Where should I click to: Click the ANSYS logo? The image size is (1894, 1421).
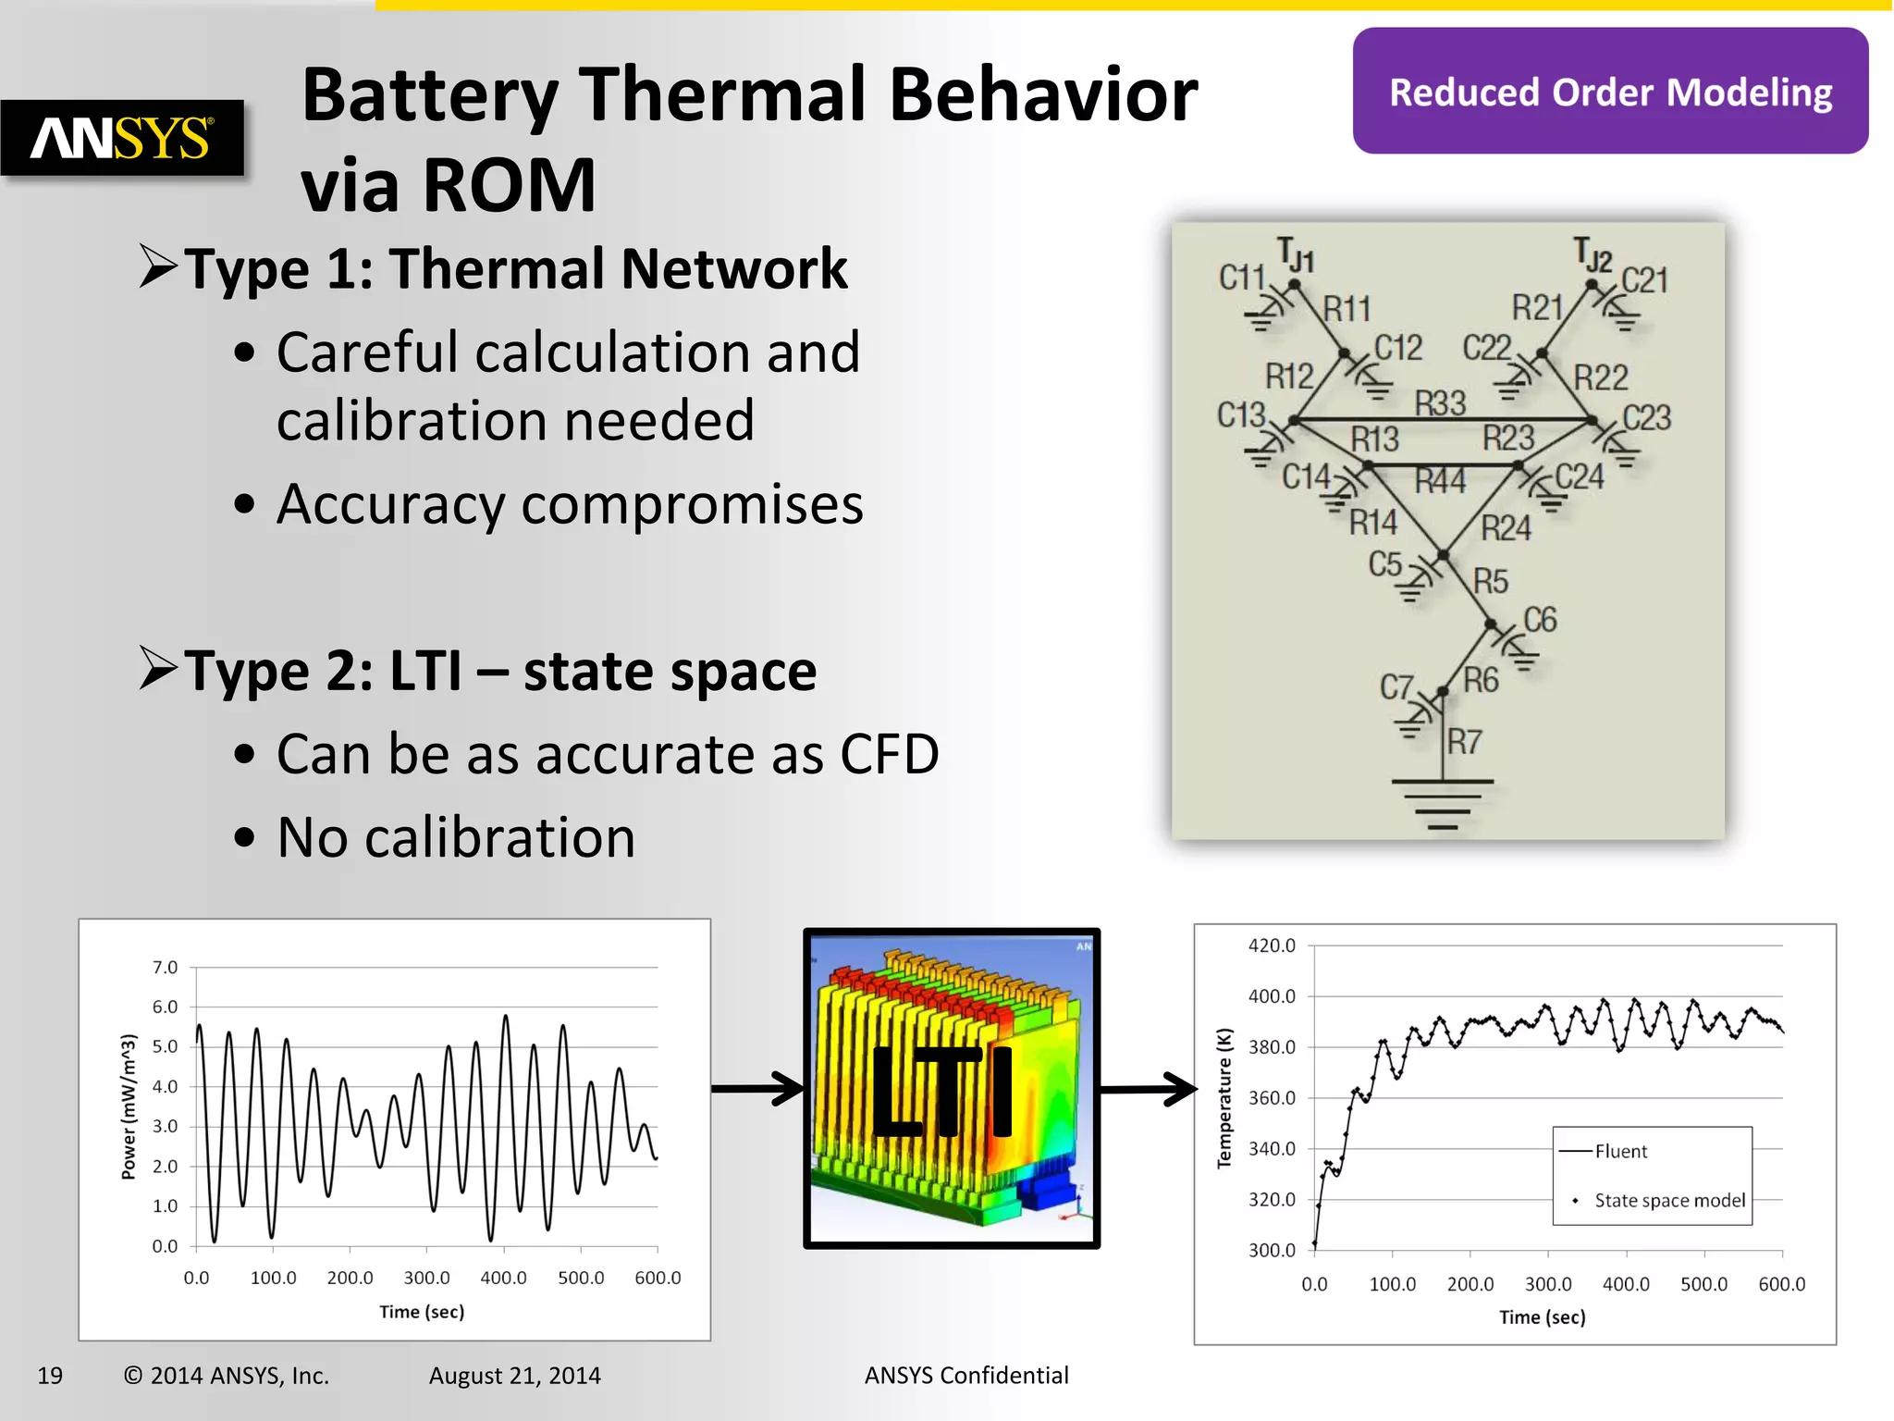(122, 138)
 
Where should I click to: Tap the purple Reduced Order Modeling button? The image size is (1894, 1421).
(1610, 92)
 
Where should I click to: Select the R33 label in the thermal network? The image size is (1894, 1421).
(1440, 403)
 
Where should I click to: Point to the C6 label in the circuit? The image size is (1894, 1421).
(1540, 620)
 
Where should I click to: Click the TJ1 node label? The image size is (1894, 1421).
(1296, 254)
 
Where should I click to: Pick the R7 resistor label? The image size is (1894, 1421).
(1465, 741)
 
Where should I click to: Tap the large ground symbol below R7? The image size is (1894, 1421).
(1442, 801)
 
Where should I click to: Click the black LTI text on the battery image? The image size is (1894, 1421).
(943, 1093)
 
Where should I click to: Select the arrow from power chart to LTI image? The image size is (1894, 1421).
(757, 1089)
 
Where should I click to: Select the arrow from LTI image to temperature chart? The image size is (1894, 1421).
(1148, 1089)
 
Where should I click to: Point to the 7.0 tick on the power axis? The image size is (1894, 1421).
(165, 968)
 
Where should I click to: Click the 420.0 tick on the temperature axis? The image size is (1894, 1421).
(1272, 945)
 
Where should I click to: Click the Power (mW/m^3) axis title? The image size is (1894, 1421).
(129, 1106)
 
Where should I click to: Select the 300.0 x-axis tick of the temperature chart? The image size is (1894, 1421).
(1547, 1284)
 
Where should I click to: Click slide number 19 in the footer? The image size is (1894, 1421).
(50, 1376)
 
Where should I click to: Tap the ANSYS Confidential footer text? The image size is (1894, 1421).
(965, 1376)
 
